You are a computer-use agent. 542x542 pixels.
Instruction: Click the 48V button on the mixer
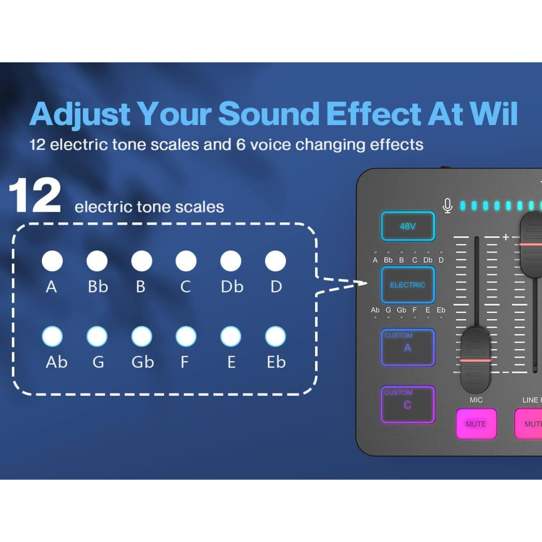[x=408, y=226]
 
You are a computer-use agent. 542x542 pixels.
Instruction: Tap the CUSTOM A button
[x=408, y=347]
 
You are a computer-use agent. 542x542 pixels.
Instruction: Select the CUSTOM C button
[x=408, y=404]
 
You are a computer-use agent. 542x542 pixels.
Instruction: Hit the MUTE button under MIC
[x=476, y=424]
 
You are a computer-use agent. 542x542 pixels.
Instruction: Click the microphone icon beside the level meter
[x=448, y=206]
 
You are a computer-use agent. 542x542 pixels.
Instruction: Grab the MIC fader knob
[x=475, y=360]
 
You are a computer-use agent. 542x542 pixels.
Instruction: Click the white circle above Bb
[x=97, y=261]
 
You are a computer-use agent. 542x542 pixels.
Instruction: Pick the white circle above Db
[x=231, y=261]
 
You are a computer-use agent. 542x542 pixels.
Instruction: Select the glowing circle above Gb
[x=142, y=336]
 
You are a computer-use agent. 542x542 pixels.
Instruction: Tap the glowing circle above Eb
[x=275, y=336]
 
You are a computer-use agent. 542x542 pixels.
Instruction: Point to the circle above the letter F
[x=186, y=336]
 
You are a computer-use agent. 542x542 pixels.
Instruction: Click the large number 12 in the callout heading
[x=35, y=196]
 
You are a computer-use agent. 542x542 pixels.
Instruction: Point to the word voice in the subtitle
[x=270, y=145]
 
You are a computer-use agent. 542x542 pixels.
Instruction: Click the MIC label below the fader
[x=476, y=400]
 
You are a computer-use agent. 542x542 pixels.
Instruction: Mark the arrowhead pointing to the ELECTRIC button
[x=363, y=283]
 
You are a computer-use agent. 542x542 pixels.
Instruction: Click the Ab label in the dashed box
[x=57, y=362]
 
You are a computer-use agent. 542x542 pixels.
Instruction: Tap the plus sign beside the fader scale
[x=506, y=237]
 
